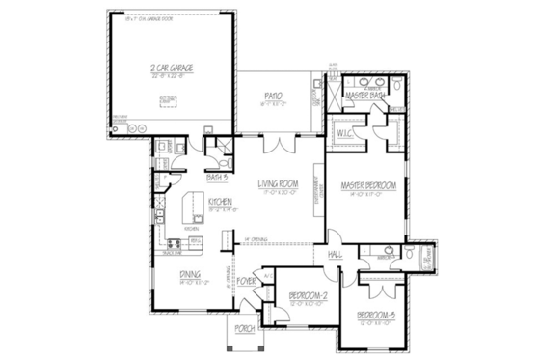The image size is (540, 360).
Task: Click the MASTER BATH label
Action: pyautogui.click(x=366, y=97)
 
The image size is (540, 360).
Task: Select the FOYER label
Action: pyautogui.click(x=247, y=282)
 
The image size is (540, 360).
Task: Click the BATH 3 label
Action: pyautogui.click(x=217, y=177)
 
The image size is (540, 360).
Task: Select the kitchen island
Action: pyautogui.click(x=192, y=207)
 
